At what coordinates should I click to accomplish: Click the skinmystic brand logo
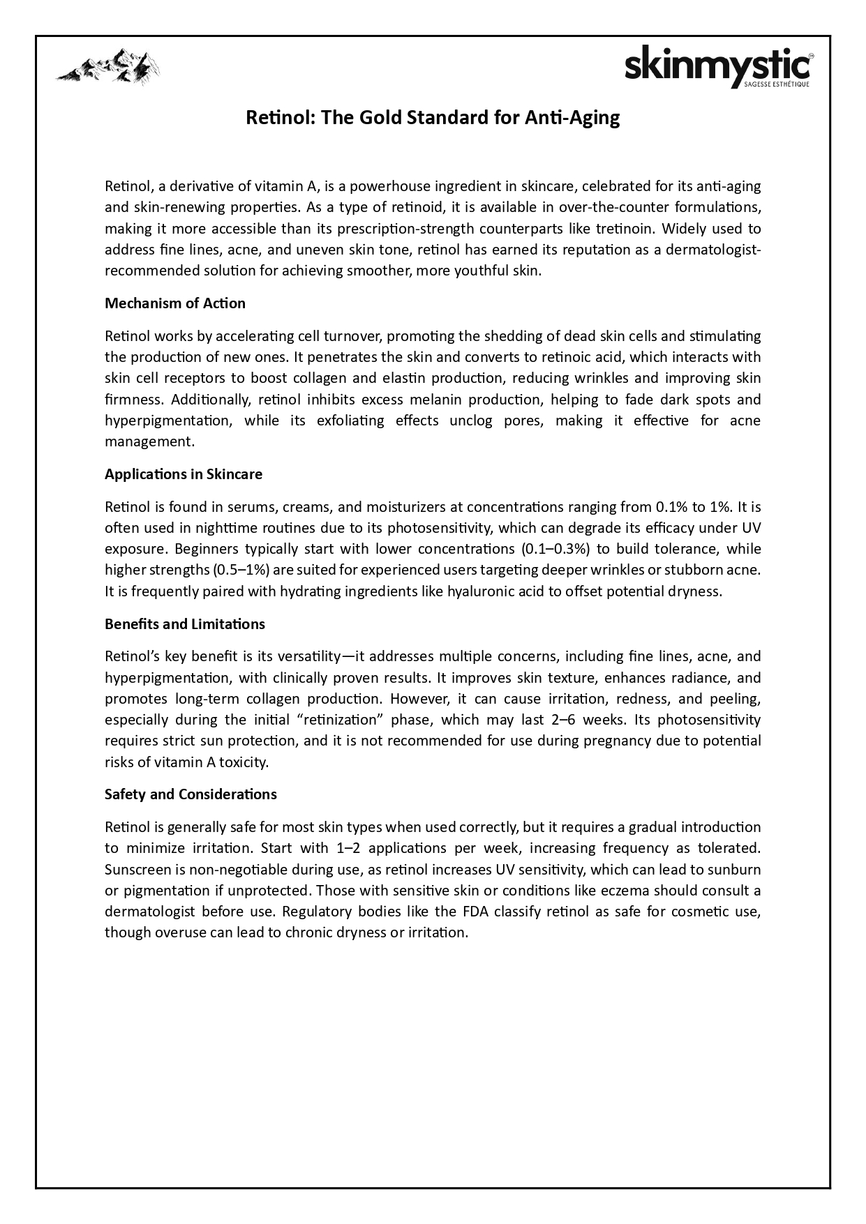[717, 67]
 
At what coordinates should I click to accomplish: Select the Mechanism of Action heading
[174, 303]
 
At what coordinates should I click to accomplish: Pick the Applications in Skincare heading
[183, 474]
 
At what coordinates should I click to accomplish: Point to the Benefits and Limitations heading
[184, 624]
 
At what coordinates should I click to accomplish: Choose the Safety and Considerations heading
[191, 794]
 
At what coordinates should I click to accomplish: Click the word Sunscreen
[135, 870]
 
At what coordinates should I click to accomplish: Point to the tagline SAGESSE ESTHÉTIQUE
[777, 84]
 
